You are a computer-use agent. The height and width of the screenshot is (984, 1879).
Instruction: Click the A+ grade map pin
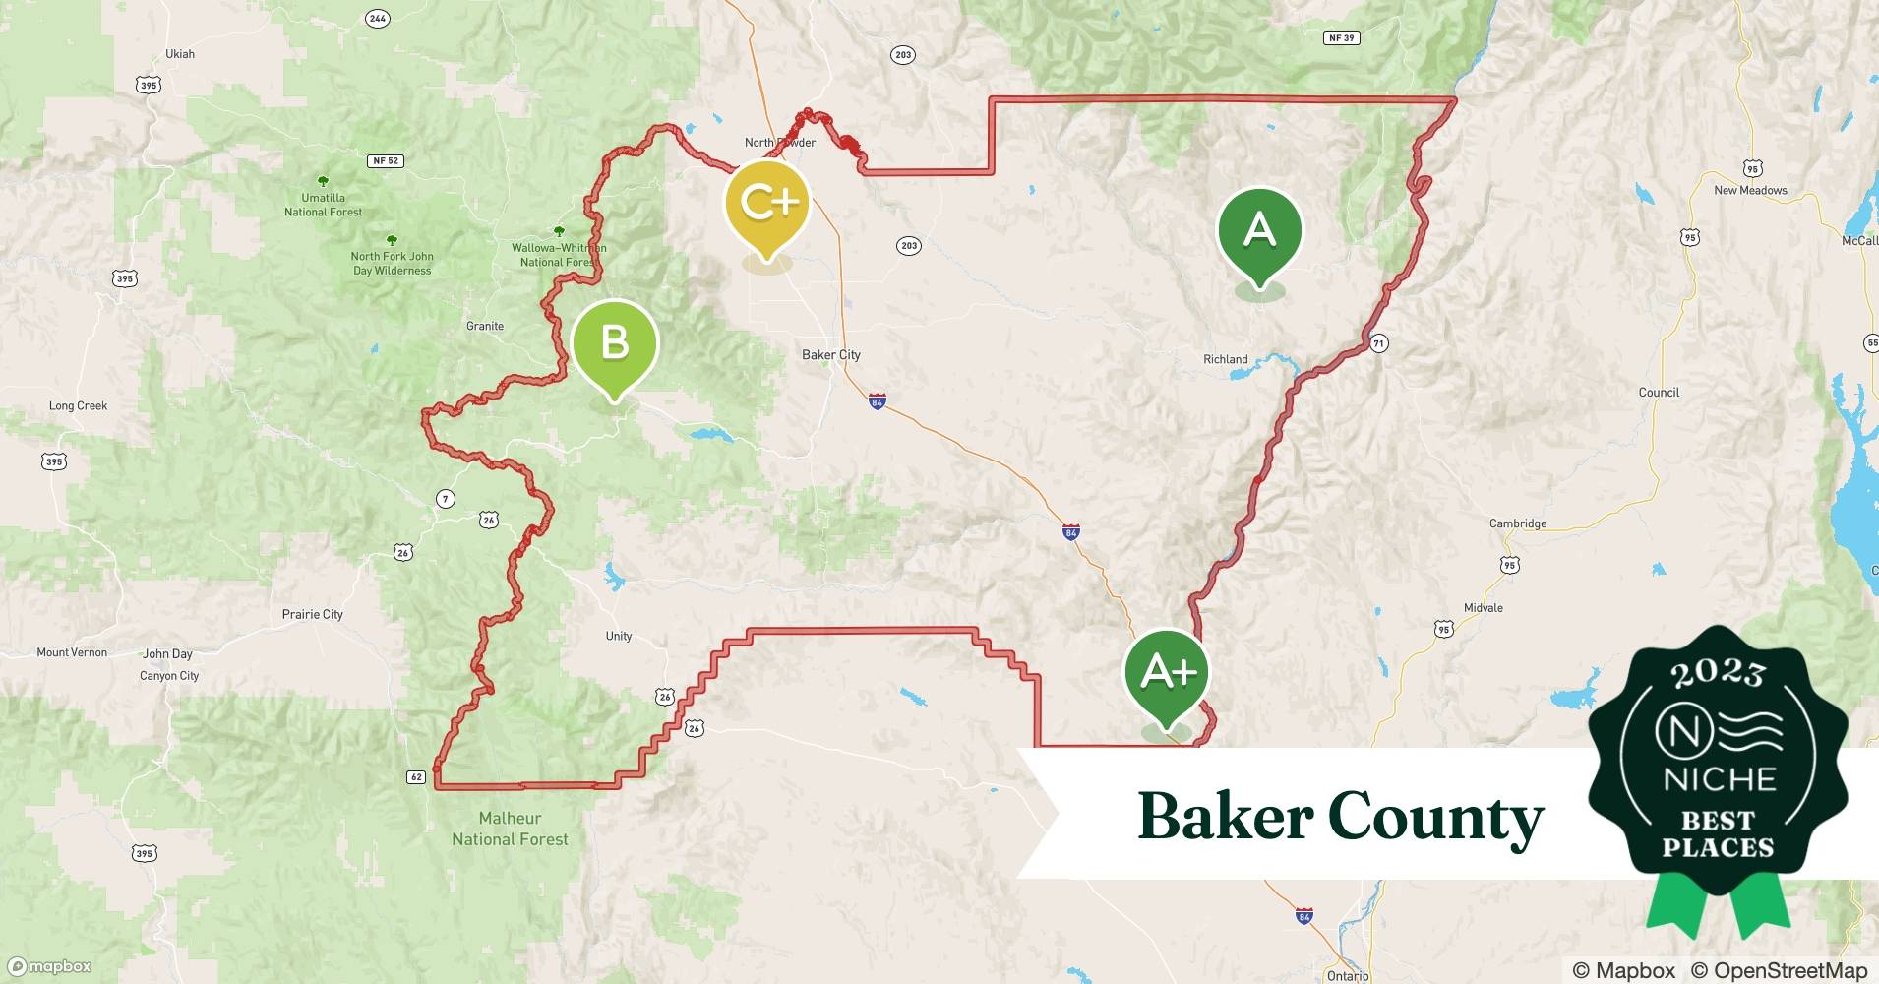[x=1167, y=674]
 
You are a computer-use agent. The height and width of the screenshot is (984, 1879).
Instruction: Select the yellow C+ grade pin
[x=766, y=204]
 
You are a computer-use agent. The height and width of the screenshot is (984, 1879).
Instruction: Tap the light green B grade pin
[x=615, y=343]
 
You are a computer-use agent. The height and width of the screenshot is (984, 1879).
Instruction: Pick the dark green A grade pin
[x=1259, y=232]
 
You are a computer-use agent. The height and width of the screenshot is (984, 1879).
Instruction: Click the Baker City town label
[x=831, y=355]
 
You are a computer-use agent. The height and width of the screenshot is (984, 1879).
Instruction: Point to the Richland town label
[x=1225, y=359]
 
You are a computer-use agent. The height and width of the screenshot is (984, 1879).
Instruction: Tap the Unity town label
[x=619, y=636]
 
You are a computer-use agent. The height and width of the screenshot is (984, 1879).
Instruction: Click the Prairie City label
[x=313, y=614]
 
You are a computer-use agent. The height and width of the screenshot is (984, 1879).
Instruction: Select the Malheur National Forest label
[x=510, y=829]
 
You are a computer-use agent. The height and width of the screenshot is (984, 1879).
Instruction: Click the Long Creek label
[x=79, y=405]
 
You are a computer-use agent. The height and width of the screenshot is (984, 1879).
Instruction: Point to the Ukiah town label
[x=180, y=54]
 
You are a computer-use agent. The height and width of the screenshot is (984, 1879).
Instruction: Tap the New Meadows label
[x=1750, y=190]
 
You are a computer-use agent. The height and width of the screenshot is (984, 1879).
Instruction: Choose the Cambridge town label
[x=1517, y=523]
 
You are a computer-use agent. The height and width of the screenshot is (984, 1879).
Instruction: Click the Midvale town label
[x=1483, y=608]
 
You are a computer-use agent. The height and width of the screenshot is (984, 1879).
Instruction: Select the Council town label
[x=1659, y=392]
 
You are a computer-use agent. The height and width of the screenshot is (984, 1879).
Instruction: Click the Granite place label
[x=485, y=326]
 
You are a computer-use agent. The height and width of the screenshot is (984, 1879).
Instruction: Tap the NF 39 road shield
[x=1342, y=38]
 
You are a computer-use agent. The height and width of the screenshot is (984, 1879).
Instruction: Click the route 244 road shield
[x=377, y=19]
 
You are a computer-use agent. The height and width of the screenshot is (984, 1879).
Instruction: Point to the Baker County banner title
[x=1340, y=817]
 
